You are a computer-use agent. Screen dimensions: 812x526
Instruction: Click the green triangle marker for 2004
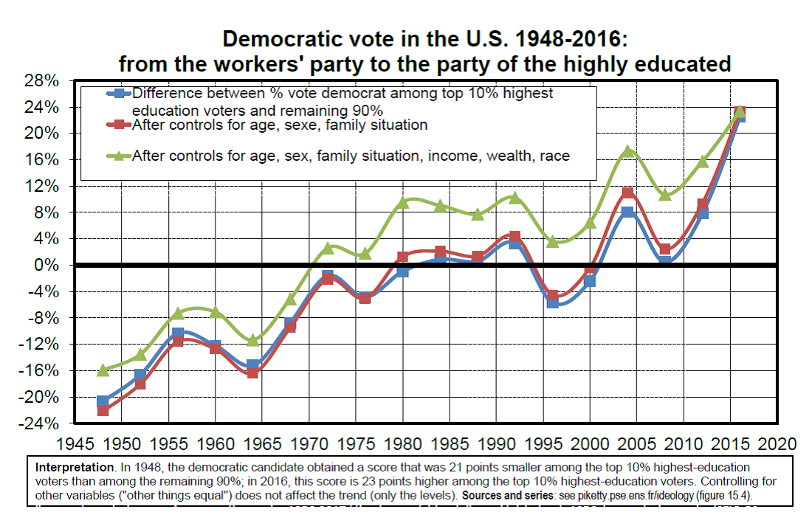pyautogui.click(x=627, y=151)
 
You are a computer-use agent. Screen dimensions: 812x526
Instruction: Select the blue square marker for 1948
pyautogui.click(x=103, y=401)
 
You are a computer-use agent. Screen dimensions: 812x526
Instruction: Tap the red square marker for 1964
pyautogui.click(x=252, y=373)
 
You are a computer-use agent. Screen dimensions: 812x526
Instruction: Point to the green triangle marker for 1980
pyautogui.click(x=403, y=202)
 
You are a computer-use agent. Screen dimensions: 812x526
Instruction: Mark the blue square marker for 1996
pyautogui.click(x=553, y=302)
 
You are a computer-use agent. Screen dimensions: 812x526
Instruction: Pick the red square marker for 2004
pyautogui.click(x=627, y=193)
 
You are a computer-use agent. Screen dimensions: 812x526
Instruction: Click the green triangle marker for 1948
pyautogui.click(x=103, y=370)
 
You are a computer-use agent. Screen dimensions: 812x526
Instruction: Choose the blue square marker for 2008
pyautogui.click(x=665, y=261)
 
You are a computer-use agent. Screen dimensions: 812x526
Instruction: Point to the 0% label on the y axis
pyautogui.click(x=48, y=265)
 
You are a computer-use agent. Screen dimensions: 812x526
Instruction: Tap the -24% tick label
pyautogui.click(x=39, y=423)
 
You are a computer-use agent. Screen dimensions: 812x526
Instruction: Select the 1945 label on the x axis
pyautogui.click(x=75, y=443)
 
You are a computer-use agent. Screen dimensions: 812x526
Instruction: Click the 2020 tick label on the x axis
pyautogui.click(x=777, y=443)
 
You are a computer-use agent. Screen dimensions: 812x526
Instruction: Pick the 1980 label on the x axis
pyautogui.click(x=403, y=443)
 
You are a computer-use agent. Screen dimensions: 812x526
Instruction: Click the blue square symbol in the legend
pyautogui.click(x=120, y=94)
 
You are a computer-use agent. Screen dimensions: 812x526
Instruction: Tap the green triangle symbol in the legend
pyautogui.click(x=120, y=156)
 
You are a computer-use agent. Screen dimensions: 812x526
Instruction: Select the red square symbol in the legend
pyautogui.click(x=120, y=124)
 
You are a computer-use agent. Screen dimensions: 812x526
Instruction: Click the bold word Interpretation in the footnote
pyautogui.click(x=75, y=468)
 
